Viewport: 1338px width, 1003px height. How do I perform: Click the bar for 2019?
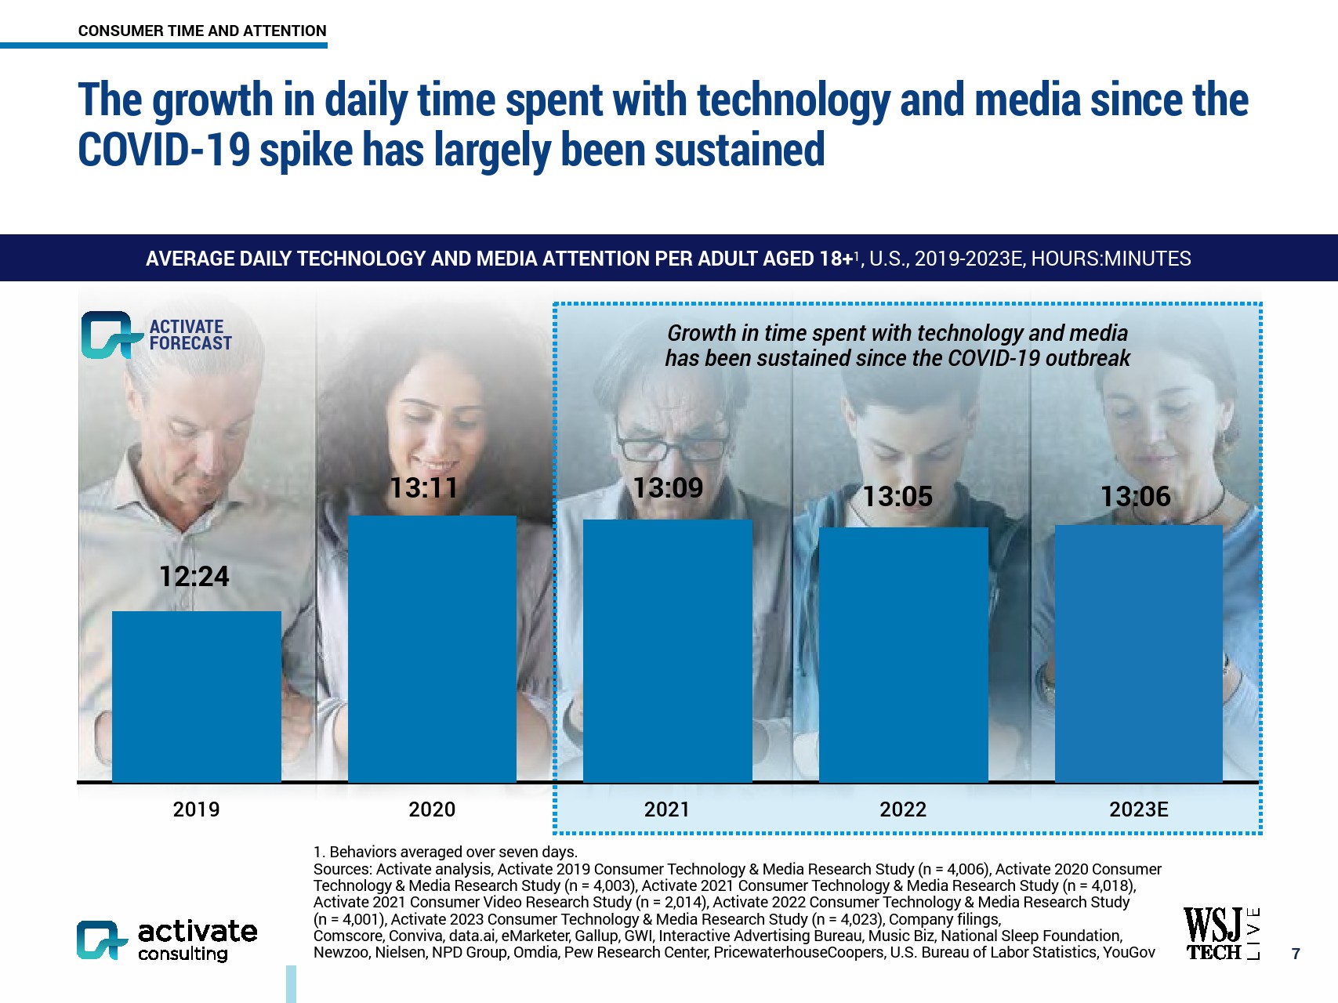click(x=196, y=696)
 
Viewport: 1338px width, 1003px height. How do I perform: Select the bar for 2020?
click(x=432, y=649)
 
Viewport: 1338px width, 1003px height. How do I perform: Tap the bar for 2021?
click(x=667, y=650)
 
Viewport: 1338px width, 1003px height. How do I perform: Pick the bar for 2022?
click(x=903, y=654)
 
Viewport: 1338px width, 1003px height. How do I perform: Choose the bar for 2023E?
click(x=1138, y=653)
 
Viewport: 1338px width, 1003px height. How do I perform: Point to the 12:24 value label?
click(x=194, y=577)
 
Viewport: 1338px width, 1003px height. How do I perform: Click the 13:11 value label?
click(x=424, y=488)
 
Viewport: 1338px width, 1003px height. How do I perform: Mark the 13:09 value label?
click(x=668, y=488)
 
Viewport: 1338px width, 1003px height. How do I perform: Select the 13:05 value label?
click(x=897, y=496)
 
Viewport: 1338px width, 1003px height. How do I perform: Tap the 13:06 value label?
click(x=1135, y=496)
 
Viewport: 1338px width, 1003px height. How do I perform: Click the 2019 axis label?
click(x=196, y=809)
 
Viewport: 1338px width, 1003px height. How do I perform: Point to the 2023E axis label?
click(x=1138, y=809)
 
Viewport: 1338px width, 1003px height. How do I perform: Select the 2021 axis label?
click(x=667, y=809)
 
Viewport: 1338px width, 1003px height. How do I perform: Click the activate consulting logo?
click(x=167, y=940)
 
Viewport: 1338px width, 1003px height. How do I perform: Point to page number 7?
click(x=1296, y=954)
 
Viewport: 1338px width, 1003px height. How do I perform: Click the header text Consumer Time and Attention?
click(x=202, y=31)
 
